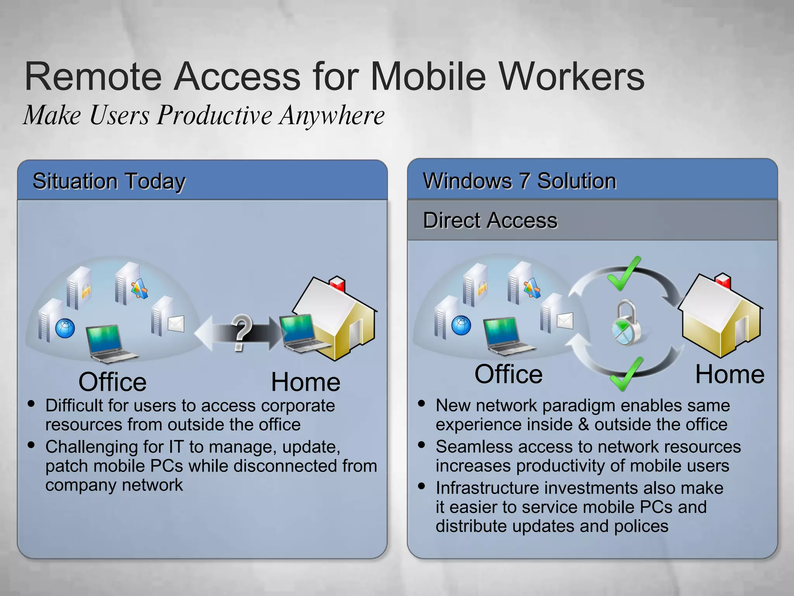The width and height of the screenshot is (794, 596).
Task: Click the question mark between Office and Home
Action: pyautogui.click(x=241, y=333)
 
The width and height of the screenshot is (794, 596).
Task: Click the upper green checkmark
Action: pyautogui.click(x=623, y=274)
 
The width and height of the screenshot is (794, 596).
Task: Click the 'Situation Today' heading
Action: pyautogui.click(x=109, y=181)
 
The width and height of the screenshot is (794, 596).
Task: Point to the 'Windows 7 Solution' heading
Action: pyautogui.click(x=520, y=181)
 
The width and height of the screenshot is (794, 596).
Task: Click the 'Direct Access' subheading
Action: pyautogui.click(x=490, y=220)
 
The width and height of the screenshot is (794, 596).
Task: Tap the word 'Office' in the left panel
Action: pyautogui.click(x=112, y=382)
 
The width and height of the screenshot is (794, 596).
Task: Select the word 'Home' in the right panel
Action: pyautogui.click(x=730, y=374)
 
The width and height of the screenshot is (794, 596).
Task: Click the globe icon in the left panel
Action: pyautogui.click(x=65, y=328)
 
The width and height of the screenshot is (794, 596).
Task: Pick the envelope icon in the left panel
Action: pyautogui.click(x=176, y=323)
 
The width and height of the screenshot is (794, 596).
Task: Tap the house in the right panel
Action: pyautogui.click(x=720, y=316)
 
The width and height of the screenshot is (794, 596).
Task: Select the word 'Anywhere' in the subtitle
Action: pyautogui.click(x=332, y=115)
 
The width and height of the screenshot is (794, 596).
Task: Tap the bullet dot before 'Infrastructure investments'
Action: pyautogui.click(x=422, y=486)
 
